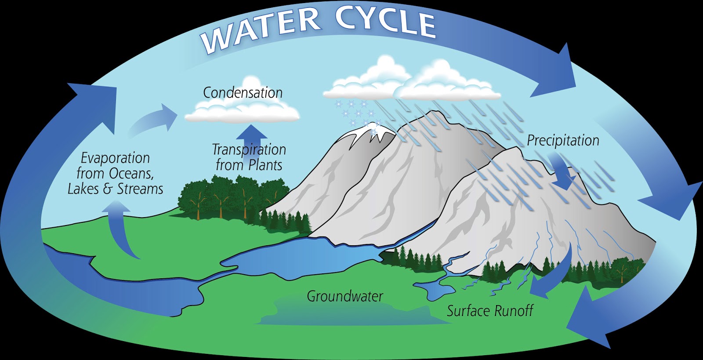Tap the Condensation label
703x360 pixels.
[243, 93]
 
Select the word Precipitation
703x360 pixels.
[563, 141]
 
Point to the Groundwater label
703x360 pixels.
[345, 296]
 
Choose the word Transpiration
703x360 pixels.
[249, 150]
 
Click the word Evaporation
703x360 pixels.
[116, 158]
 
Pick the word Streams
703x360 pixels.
[140, 189]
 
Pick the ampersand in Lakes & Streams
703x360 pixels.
[108, 189]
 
